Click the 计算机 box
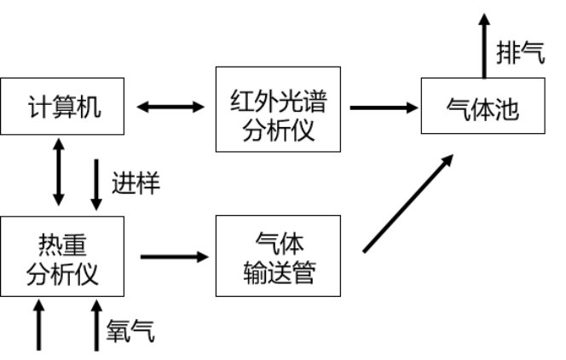[x=64, y=107]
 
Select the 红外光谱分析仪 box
[x=279, y=107]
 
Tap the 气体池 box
[x=482, y=107]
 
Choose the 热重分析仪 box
[x=64, y=257]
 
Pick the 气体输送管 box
[x=279, y=257]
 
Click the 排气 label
[x=520, y=52]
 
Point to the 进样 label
[x=135, y=183]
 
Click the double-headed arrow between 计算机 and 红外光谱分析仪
[x=171, y=107]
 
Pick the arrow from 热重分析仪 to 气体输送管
[x=174, y=256]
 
